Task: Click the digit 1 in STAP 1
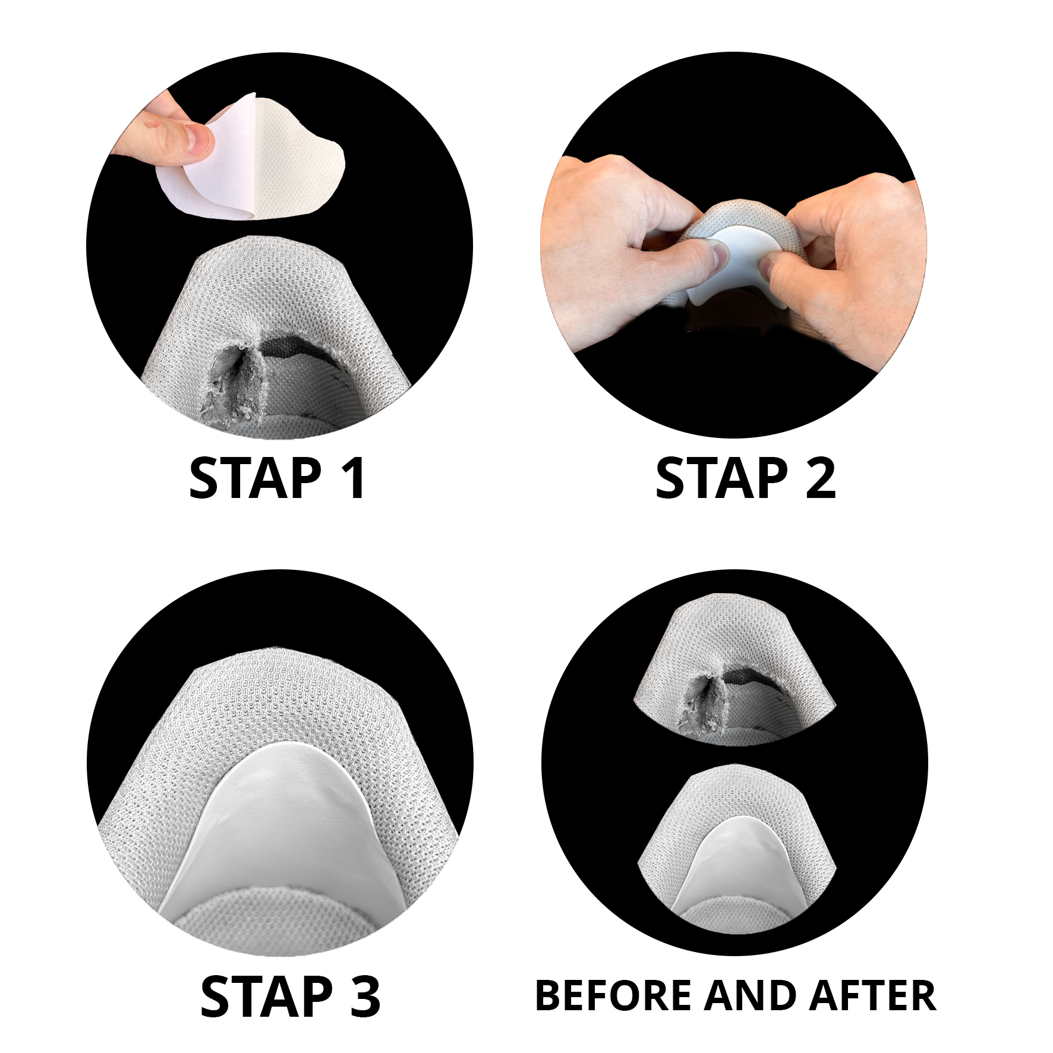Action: (x=354, y=478)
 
